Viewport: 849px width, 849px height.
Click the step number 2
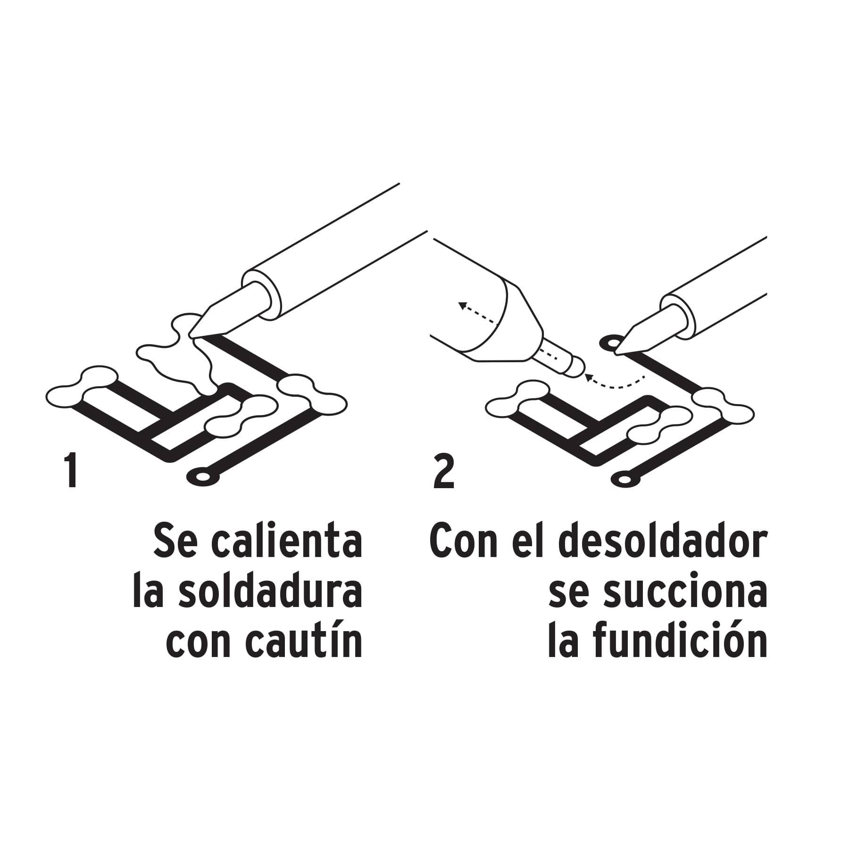[x=443, y=471]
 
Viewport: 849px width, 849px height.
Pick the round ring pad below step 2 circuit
[x=625, y=480]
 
